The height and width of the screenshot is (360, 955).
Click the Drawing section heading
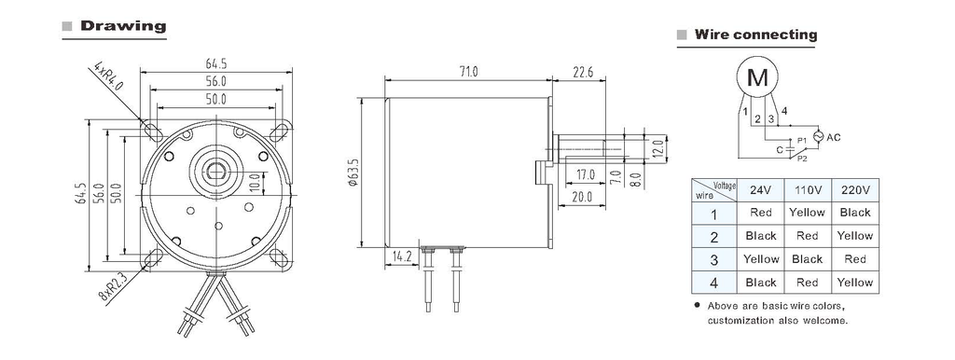click(x=123, y=26)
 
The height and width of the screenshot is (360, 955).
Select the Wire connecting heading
click(x=755, y=35)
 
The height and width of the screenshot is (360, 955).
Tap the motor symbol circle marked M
click(x=757, y=77)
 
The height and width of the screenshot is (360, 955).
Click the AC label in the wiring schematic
click(x=833, y=138)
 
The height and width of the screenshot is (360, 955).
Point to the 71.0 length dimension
click(x=468, y=72)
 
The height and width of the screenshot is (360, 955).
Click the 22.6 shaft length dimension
click(x=582, y=72)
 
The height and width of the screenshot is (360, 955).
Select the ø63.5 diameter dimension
click(x=353, y=172)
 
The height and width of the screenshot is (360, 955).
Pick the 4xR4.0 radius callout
click(x=108, y=76)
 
